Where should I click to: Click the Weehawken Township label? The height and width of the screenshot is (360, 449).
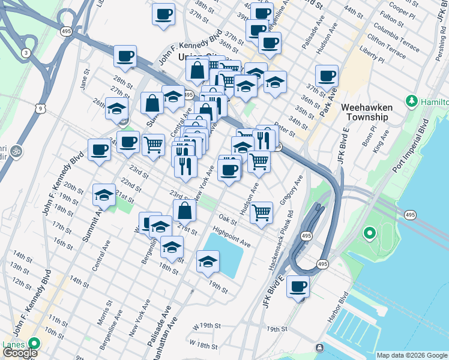(x=367, y=112)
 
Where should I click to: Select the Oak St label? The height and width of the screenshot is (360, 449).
(x=229, y=220)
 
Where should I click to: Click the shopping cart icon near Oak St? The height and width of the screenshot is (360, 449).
(x=261, y=212)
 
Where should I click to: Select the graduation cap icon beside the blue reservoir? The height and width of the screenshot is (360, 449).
(x=208, y=261)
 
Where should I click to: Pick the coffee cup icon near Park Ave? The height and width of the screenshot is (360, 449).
(x=327, y=76)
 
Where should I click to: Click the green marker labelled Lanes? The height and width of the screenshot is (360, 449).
(x=34, y=344)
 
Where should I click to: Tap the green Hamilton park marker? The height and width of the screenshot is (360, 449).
(x=411, y=100)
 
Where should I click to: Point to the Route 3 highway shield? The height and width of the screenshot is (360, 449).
(x=26, y=53)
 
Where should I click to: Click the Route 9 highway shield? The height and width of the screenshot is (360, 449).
(x=40, y=108)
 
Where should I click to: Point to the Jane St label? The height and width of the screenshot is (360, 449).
(x=85, y=79)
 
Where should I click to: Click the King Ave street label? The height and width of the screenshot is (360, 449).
(x=381, y=143)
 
